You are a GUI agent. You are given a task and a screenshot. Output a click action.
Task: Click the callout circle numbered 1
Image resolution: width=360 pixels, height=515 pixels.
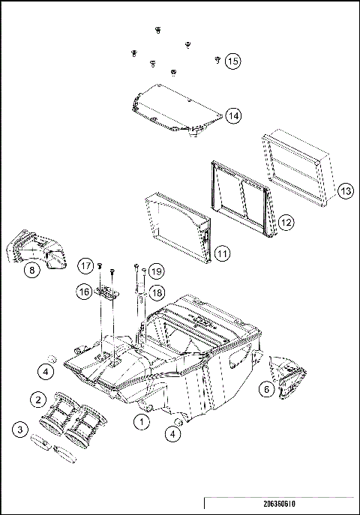pyautogui.click(x=140, y=422)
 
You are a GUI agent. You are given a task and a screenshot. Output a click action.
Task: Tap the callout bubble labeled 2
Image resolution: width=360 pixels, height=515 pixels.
pyautogui.click(x=36, y=398)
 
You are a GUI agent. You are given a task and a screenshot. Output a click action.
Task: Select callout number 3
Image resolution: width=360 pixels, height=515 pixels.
pyautogui.click(x=19, y=430)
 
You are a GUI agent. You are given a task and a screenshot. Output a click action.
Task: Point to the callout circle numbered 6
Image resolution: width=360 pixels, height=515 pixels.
pyautogui.click(x=265, y=388)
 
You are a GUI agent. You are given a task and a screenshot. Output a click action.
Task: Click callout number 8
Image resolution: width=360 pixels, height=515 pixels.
pyautogui.click(x=31, y=270)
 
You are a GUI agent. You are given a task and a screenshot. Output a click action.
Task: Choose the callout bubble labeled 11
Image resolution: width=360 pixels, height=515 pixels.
pyautogui.click(x=223, y=253)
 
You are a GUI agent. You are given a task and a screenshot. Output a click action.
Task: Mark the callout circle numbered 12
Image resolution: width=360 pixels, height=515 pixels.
pyautogui.click(x=286, y=223)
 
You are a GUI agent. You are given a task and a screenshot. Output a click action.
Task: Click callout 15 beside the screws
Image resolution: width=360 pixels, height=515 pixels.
pyautogui.click(x=232, y=61)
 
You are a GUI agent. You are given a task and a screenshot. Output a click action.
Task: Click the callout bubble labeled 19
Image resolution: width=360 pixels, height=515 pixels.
pyautogui.click(x=155, y=270)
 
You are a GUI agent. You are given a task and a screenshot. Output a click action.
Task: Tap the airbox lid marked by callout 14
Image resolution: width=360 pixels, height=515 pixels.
pyautogui.click(x=172, y=109)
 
